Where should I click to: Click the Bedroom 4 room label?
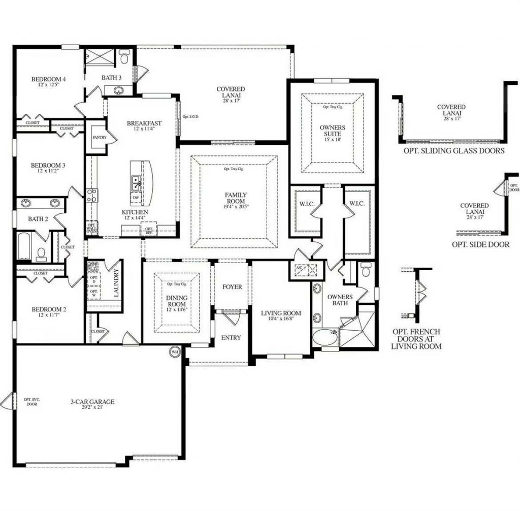click(x=49, y=79)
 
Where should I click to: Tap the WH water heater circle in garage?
click(x=175, y=352)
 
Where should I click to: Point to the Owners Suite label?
click(x=333, y=127)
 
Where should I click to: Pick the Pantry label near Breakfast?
click(x=99, y=137)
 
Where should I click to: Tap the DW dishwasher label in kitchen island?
click(x=136, y=198)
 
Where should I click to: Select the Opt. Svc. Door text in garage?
click(x=31, y=402)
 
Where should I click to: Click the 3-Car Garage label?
click(x=92, y=402)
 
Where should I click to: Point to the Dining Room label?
click(x=177, y=298)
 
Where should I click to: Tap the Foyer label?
click(x=232, y=287)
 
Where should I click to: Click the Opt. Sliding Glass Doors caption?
click(x=454, y=150)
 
